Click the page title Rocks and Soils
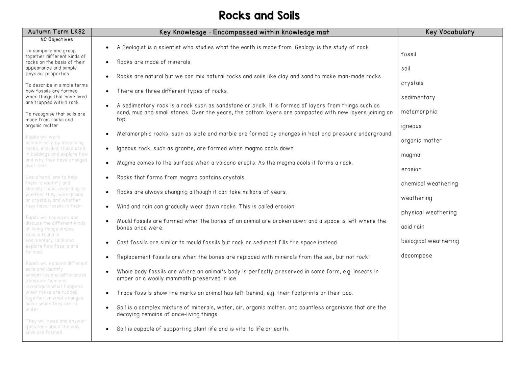click(259, 16)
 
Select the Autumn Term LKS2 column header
click(56, 32)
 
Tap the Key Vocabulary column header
click(450, 32)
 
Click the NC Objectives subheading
click(56, 40)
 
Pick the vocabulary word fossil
click(409, 54)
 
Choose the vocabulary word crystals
click(412, 83)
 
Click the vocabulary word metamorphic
click(419, 112)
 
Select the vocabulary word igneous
click(411, 126)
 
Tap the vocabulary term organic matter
click(421, 141)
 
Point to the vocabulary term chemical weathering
click(429, 184)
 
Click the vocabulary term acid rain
click(413, 227)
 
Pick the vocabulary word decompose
click(416, 256)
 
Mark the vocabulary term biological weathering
click(430, 241)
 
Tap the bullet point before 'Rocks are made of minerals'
click(107, 62)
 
